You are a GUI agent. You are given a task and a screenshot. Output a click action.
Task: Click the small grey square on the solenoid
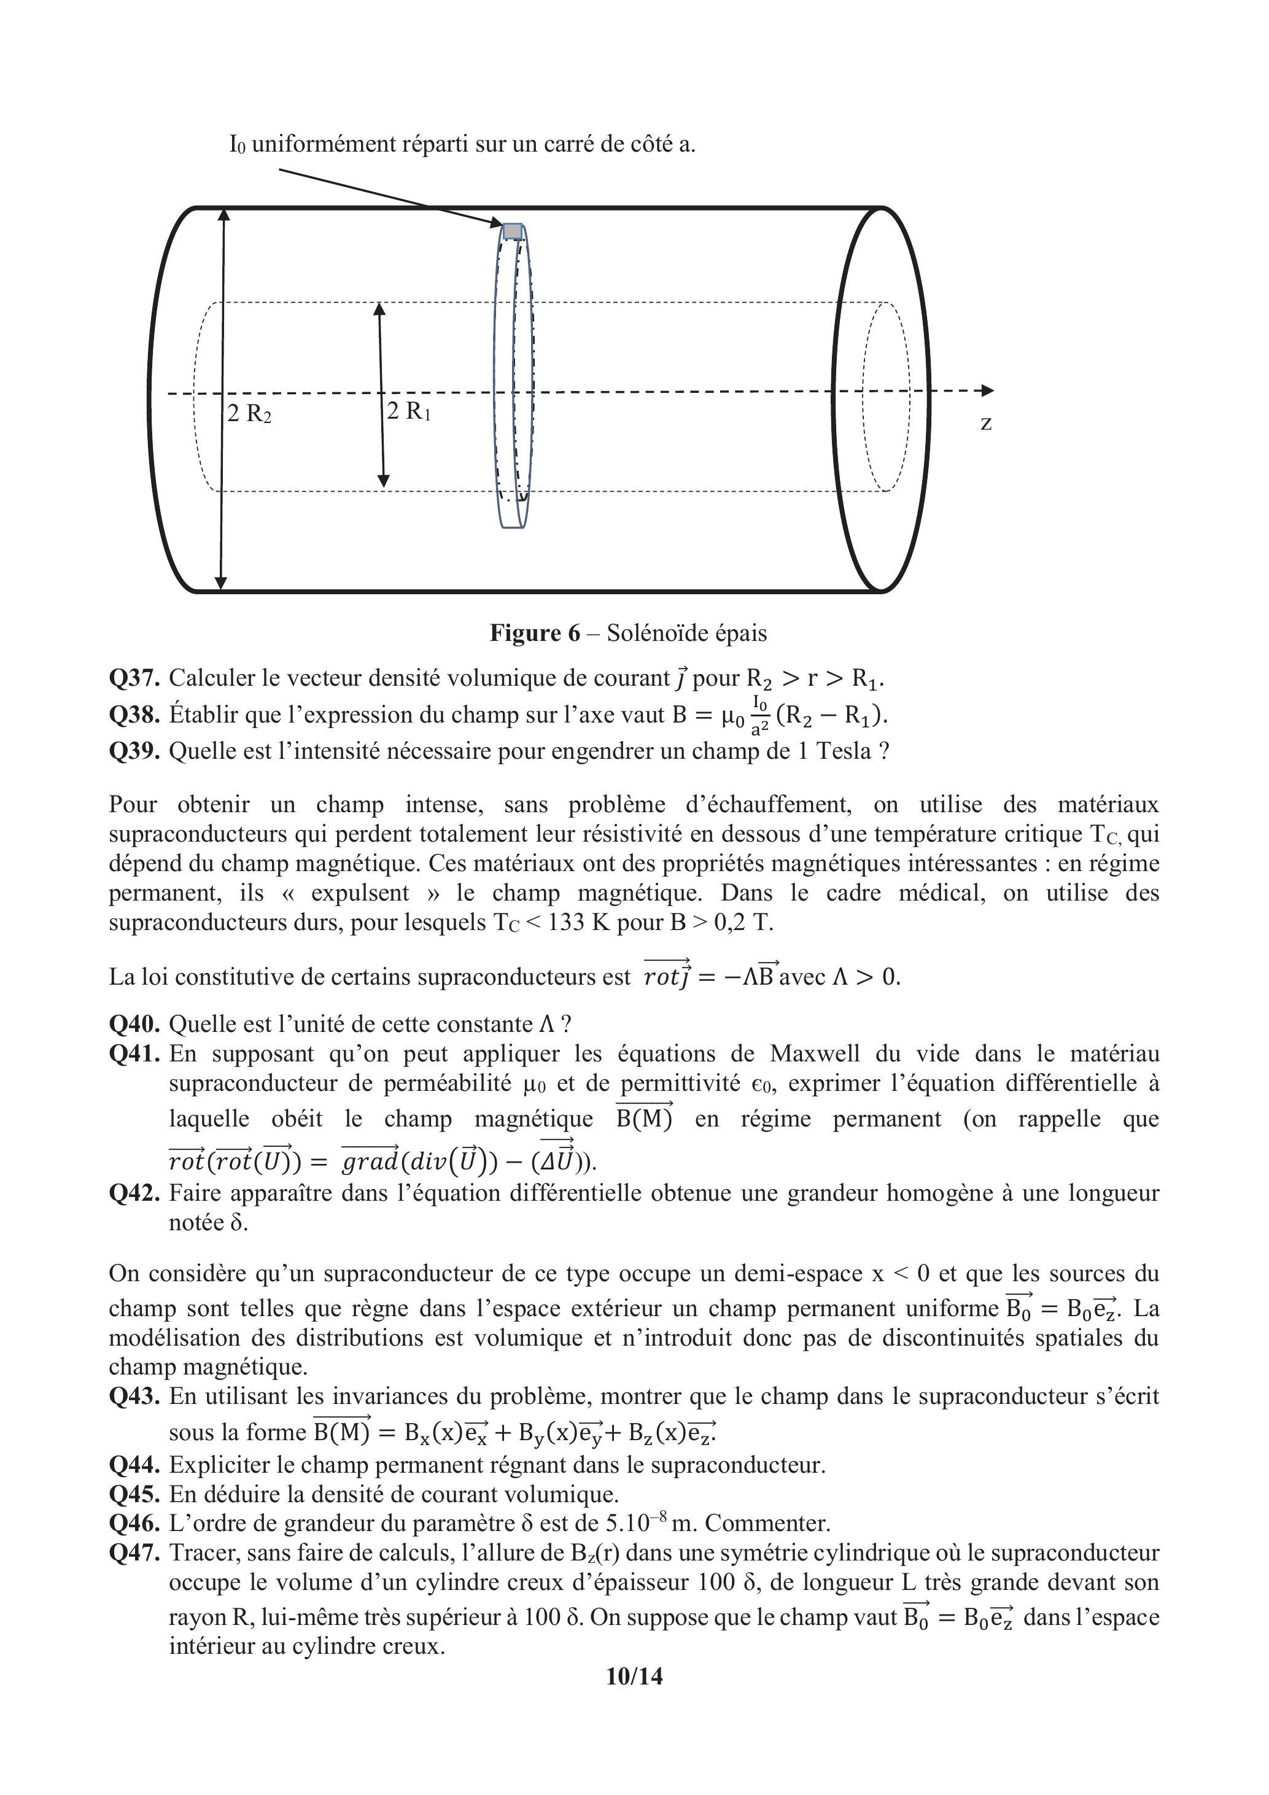512,231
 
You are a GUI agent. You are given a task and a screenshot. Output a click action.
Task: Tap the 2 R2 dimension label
249,414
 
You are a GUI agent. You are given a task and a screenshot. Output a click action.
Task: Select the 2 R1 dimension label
408,411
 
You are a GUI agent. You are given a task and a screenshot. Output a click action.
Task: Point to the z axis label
986,423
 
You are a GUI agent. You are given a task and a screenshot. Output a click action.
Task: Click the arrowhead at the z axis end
988,390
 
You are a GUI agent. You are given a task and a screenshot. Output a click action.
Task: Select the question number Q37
134,678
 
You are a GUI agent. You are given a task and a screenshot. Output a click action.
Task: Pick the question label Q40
134,1024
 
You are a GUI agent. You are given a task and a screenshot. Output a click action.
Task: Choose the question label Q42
134,1193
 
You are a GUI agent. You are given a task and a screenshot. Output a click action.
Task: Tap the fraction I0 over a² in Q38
758,715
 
